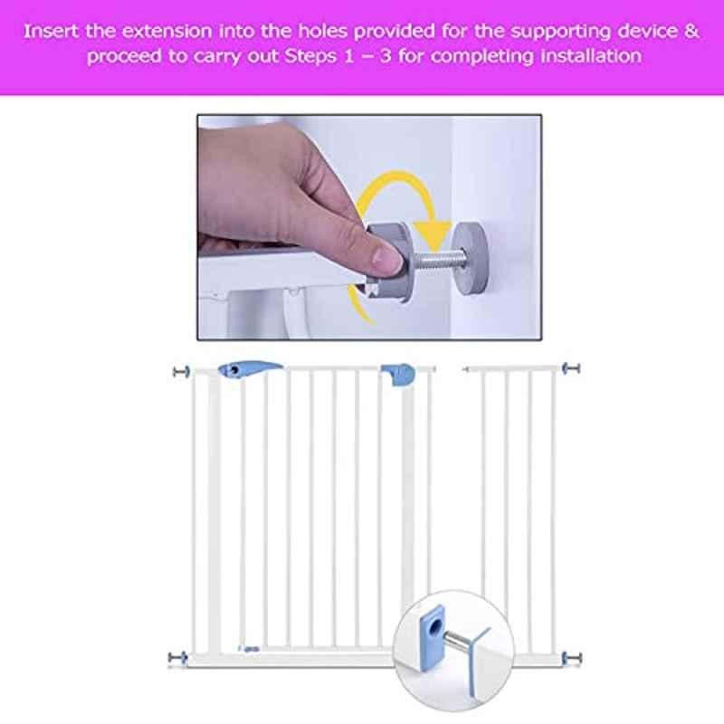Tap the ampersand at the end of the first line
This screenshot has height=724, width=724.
point(692,32)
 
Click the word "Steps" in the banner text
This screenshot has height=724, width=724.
point(311,57)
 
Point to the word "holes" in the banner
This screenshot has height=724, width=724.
point(322,32)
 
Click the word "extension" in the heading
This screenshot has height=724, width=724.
point(167,32)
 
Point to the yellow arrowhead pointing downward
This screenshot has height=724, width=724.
point(433,234)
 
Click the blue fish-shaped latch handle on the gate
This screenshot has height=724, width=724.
point(250,369)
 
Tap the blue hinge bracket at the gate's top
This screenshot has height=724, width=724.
point(397,374)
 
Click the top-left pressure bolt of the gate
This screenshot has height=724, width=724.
point(181,371)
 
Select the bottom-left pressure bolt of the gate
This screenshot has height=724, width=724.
point(177,657)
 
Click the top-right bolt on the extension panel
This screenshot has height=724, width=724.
point(571,368)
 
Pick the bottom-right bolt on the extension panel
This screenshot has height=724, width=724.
point(572,658)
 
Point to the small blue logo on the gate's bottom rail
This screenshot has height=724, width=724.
point(250,649)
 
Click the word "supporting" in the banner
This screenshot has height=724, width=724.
point(561,33)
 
